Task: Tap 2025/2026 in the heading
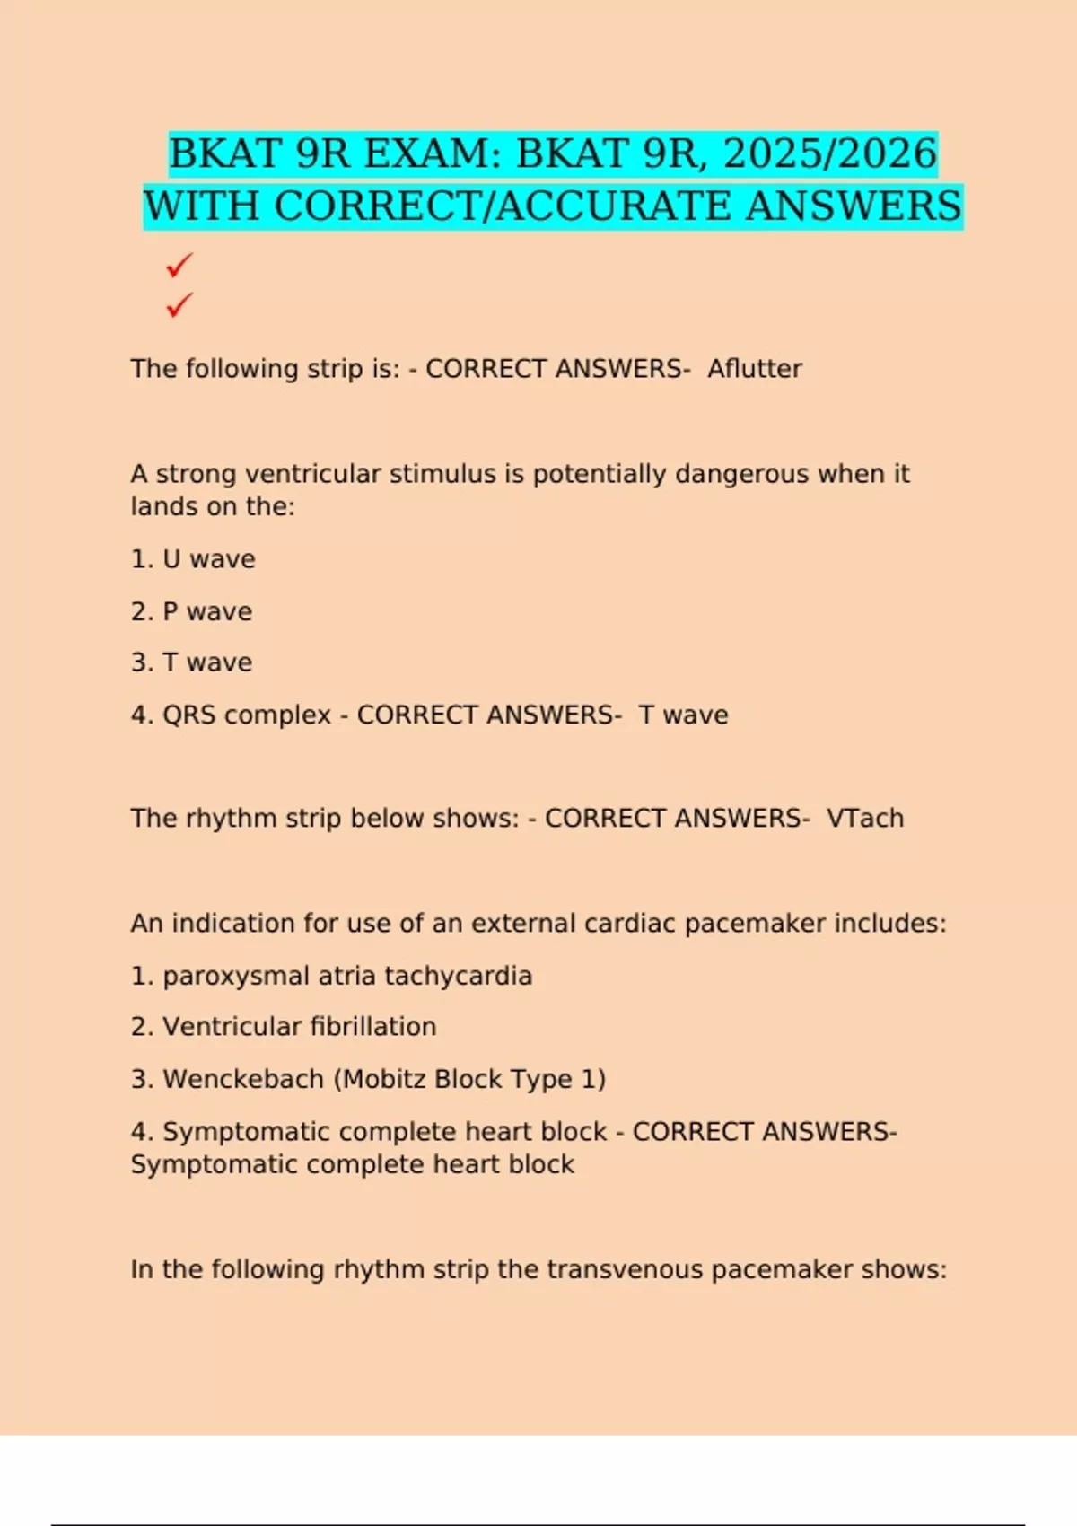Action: [830, 153]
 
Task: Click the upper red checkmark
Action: [179, 266]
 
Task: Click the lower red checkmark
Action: [179, 305]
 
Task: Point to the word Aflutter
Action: [755, 368]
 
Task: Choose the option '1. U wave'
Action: [193, 559]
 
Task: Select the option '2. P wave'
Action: [191, 611]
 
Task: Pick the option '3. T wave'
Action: [191, 662]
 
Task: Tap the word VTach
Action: [865, 818]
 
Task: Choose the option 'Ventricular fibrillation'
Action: [299, 1026]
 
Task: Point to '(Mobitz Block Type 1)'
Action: [469, 1078]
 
